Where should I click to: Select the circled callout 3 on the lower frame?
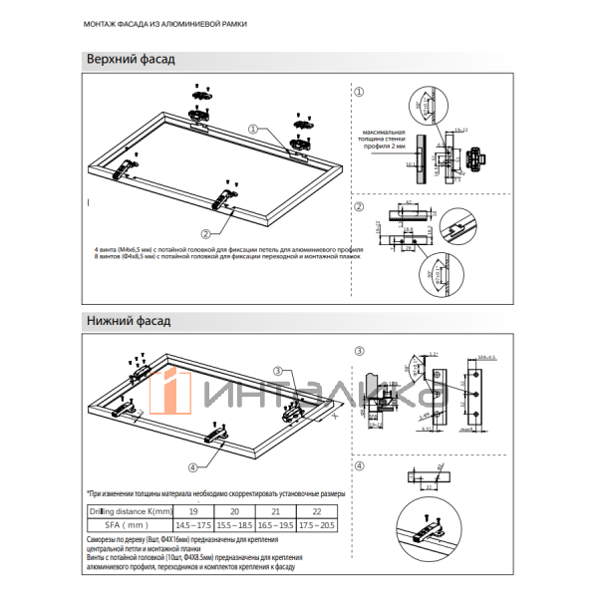(278, 370)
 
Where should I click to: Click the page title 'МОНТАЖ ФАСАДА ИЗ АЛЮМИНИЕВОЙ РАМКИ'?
(163, 22)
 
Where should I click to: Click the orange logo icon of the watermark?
(173, 394)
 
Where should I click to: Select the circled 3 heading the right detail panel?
(360, 350)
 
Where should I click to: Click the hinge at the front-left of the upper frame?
(127, 166)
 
